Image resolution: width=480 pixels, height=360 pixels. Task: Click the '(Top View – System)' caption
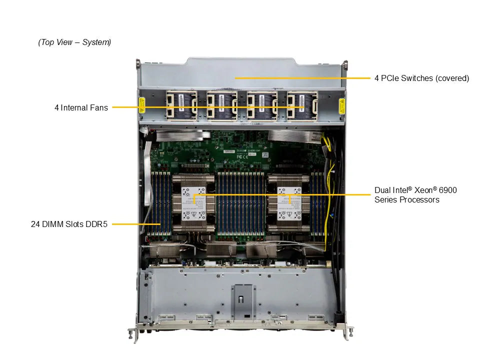74,42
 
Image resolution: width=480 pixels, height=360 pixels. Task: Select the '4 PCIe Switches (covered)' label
421,78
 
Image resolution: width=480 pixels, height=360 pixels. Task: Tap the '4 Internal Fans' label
81,107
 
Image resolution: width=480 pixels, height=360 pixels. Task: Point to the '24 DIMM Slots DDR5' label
69,224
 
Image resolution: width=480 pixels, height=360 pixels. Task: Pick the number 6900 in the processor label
448,190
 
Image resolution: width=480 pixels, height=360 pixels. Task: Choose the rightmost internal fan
302,106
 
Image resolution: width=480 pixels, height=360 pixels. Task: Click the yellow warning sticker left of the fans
142,106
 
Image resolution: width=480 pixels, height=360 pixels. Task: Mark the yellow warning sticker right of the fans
342,106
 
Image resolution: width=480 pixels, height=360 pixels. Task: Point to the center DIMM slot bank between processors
241,202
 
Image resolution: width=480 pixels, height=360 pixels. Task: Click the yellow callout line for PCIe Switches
300,78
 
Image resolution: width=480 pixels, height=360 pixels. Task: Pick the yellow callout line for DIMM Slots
135,224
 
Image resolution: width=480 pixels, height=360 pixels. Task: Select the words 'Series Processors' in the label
406,200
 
